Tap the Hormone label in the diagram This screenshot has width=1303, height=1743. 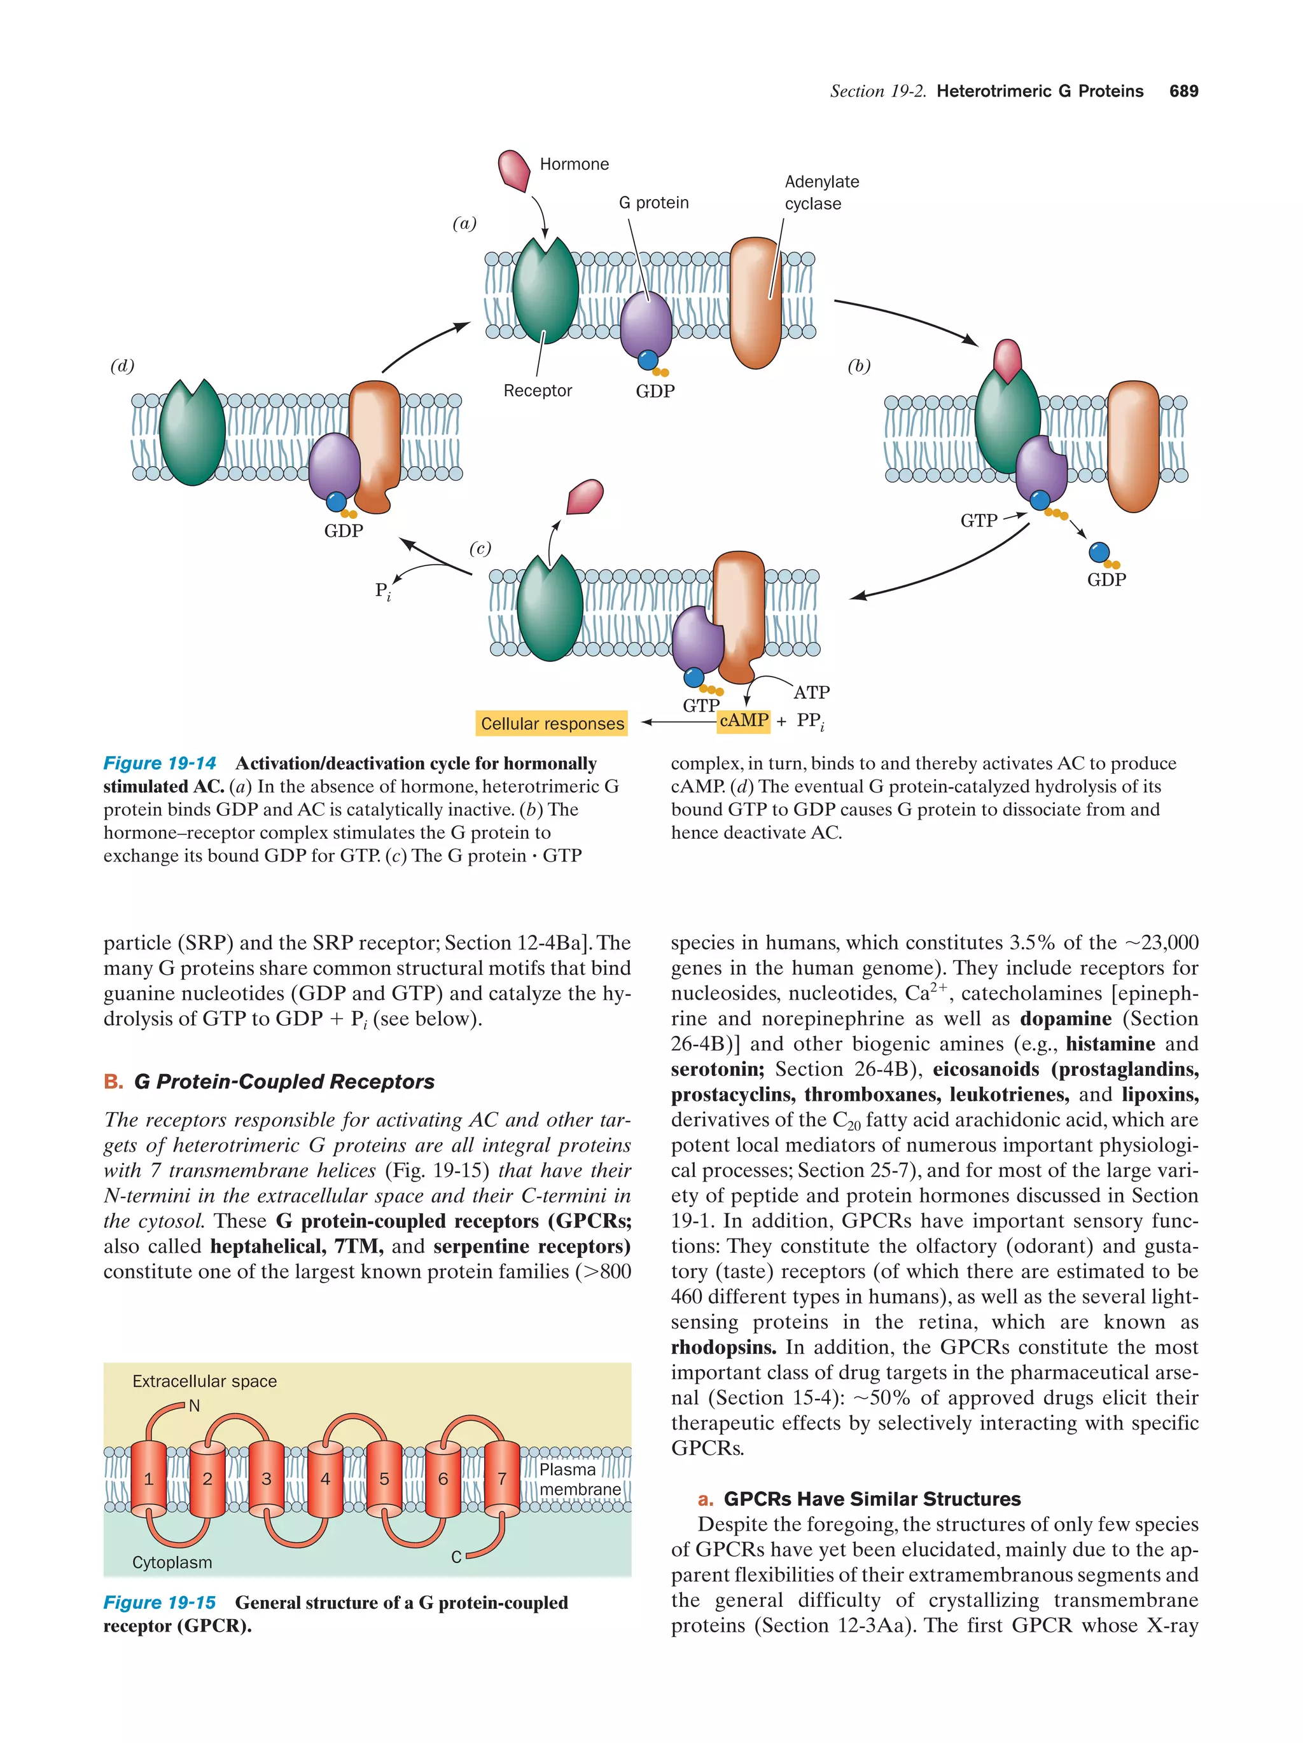point(574,164)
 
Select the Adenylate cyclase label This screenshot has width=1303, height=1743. point(821,192)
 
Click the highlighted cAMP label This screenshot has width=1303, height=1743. point(743,720)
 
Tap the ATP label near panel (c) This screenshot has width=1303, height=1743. point(811,692)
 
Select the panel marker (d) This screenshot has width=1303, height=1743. point(122,366)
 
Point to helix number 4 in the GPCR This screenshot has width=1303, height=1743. point(324,1479)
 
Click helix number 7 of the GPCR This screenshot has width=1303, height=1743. point(501,1479)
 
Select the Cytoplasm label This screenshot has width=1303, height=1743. point(172,1562)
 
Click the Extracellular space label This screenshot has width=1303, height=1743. point(204,1381)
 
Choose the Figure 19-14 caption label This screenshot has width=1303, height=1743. point(159,762)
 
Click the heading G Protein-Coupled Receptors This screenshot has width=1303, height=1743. point(284,1082)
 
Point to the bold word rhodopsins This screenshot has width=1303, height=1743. point(723,1347)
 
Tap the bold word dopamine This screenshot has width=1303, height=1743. point(1065,1019)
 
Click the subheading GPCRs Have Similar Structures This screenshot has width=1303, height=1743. point(872,1499)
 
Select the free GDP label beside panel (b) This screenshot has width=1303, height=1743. point(1106,580)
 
